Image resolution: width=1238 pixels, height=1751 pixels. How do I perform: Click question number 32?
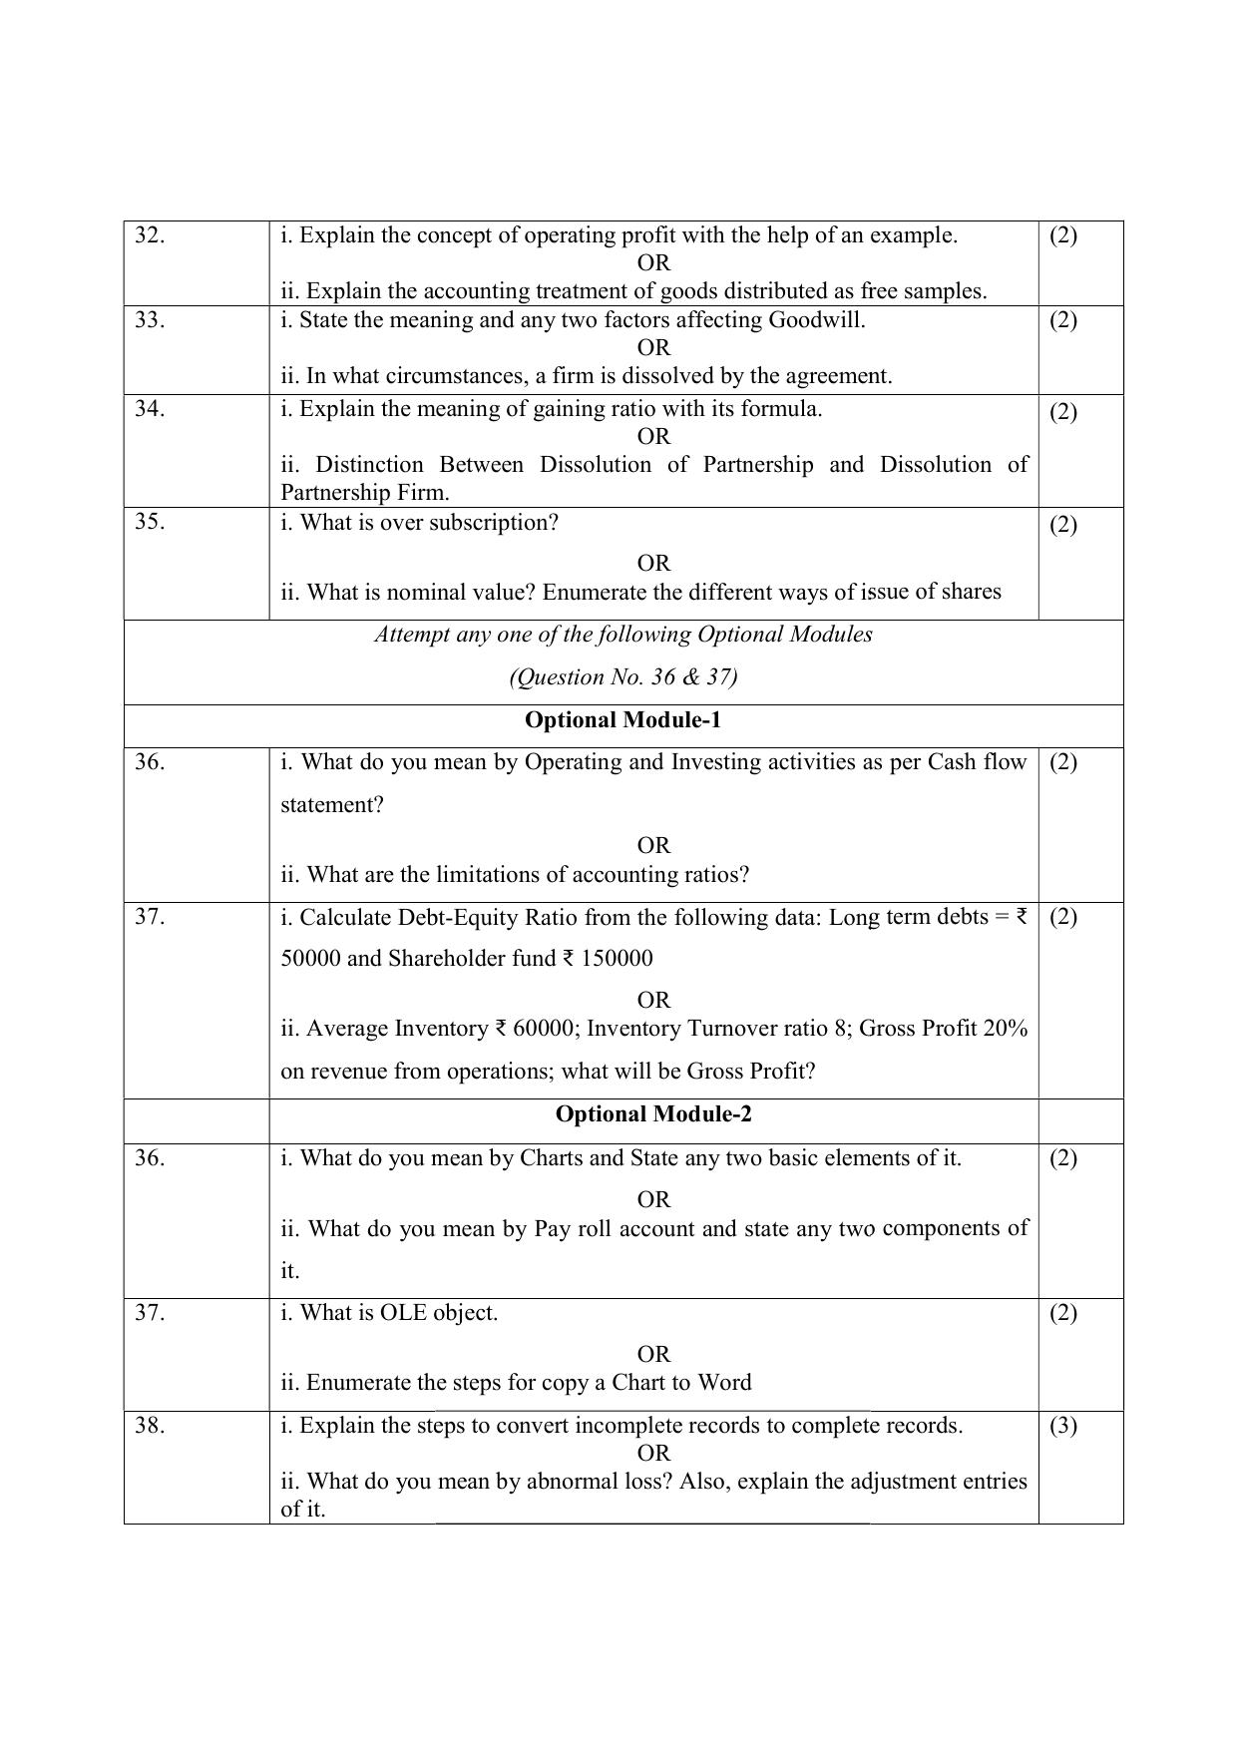150,235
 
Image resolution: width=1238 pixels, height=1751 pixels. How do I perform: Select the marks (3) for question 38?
1063,1426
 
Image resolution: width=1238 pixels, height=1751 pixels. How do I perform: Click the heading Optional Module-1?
622,720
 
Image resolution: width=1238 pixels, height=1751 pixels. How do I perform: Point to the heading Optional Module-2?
653,1114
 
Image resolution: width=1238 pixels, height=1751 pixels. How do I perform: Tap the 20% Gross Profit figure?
1005,1029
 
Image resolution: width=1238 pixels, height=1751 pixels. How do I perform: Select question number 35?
150,522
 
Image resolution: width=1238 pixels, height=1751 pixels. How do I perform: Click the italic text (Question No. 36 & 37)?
623,677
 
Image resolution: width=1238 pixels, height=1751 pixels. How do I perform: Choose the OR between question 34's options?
653,437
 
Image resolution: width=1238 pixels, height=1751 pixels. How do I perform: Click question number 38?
150,1426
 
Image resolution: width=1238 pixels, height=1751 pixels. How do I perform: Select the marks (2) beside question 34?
1063,412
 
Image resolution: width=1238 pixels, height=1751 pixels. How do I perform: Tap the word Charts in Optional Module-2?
552,1158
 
